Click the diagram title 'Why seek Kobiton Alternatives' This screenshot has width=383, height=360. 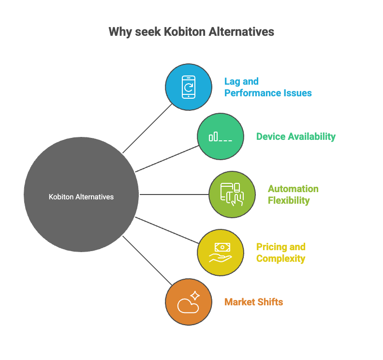[191, 32]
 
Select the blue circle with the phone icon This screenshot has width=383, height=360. [188, 87]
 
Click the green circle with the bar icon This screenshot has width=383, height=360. [220, 136]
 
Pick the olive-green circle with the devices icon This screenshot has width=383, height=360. [232, 195]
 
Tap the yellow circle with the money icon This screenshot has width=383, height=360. [220, 253]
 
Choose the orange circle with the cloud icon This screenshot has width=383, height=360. [188, 302]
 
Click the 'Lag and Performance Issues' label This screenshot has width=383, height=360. [267, 87]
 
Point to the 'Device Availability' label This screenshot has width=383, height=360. [295, 136]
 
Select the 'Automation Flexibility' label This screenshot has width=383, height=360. [293, 195]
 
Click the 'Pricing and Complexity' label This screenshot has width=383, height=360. [281, 253]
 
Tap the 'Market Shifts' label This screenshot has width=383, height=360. [253, 302]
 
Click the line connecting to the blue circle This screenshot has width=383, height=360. [147, 129]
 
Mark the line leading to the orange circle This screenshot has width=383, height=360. [147, 261]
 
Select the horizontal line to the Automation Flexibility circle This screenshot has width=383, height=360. [174, 195]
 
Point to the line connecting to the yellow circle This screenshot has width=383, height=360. [167, 230]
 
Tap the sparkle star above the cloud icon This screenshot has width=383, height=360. [194, 295]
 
